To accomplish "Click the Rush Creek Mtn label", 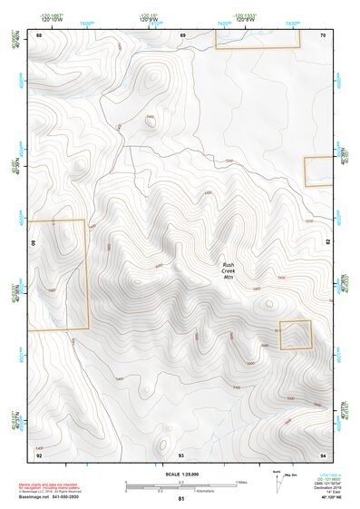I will coord(229,269).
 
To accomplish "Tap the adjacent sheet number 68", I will coord(39,34).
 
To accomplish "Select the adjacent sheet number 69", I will coord(182,34).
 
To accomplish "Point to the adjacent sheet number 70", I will coord(323,34).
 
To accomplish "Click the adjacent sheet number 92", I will coord(39,454).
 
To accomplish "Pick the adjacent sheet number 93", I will coord(181,454).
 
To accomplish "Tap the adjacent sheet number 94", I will coord(323,454).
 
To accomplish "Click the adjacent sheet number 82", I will coord(327,242).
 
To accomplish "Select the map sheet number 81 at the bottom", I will coord(181,499).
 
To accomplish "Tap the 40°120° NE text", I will coord(324,498).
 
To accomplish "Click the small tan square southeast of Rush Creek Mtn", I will coord(295,334).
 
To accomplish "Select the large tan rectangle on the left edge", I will coord(58,274).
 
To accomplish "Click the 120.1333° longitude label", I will coord(246,15).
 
